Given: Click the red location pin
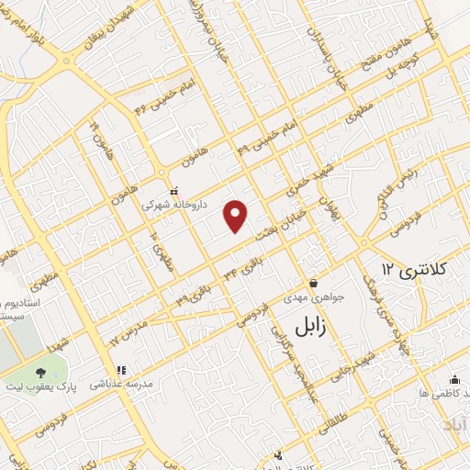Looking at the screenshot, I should tap(237, 216).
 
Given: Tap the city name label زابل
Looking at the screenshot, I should tap(314, 327).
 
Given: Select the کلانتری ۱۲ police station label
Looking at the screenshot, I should tap(414, 269).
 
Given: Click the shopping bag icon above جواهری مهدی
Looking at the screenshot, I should tap(314, 282).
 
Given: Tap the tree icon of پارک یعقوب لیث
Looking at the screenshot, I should tap(40, 374).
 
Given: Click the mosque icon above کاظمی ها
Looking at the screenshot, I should tap(453, 378).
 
